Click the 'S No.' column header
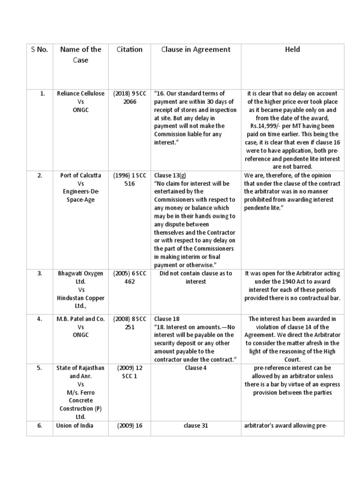click(39, 49)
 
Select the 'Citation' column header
click(129, 49)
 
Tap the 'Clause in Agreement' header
click(195, 49)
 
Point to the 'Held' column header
click(292, 49)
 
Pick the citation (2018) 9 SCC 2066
click(129, 97)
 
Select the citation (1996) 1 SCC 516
click(129, 180)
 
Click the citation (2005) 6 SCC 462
click(129, 277)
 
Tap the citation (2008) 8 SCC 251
click(129, 322)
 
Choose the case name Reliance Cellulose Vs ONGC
click(80, 101)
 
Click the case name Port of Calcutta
click(80, 175)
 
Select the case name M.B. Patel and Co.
click(80, 318)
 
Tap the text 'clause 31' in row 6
click(195, 426)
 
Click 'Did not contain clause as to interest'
click(195, 277)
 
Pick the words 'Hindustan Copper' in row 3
click(80, 298)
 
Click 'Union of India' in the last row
click(75, 426)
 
